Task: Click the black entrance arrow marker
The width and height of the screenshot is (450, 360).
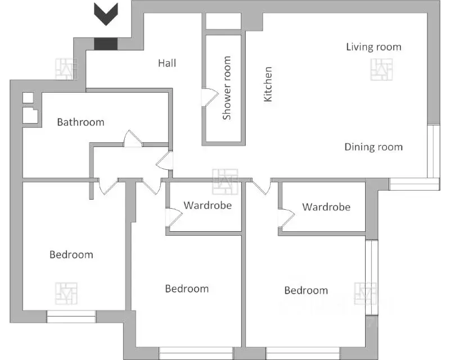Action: pos(106,13)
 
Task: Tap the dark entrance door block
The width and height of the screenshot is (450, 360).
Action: pos(106,44)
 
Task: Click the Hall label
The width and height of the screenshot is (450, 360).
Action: pos(167,63)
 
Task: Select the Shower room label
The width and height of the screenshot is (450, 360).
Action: pos(227,88)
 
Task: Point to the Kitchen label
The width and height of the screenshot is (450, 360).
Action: pos(268,84)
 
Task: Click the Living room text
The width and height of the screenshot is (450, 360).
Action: pos(373,47)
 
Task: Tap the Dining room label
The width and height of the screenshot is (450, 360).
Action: pos(373,147)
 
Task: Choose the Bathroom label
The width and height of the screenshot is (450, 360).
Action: pos(80,122)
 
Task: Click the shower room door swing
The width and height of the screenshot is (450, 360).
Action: pos(210,98)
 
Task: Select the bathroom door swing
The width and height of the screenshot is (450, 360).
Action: pos(133,139)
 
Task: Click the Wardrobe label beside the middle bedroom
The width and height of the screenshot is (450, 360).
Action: pos(208,205)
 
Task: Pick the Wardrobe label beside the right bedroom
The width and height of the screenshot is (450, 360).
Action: pos(326,207)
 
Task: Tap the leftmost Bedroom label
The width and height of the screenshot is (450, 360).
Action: pos(71,255)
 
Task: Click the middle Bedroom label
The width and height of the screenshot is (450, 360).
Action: pos(187,289)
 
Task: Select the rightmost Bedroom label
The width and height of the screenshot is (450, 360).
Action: pos(306,290)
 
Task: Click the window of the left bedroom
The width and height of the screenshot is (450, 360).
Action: pos(71,316)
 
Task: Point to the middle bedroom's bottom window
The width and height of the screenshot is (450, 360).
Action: pos(196,353)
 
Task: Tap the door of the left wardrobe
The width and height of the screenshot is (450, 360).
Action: pos(174,217)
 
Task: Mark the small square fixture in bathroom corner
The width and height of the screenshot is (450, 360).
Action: pos(28,98)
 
